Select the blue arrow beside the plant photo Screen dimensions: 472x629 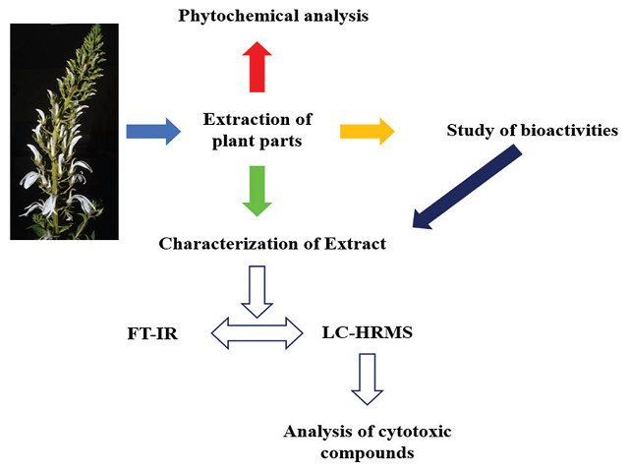point(153,130)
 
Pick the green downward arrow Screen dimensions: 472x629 point(257,190)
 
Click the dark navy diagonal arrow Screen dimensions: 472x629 point(467,186)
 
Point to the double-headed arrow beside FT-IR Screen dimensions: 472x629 point(257,332)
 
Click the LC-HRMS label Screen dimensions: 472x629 point(367,333)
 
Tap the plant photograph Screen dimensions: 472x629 point(64,131)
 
